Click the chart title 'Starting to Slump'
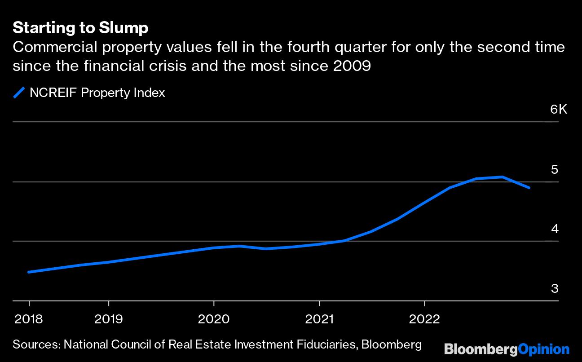point(80,28)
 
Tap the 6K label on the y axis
point(558,110)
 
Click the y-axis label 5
point(555,170)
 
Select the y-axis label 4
point(555,229)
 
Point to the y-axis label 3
point(555,289)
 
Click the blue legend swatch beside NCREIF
point(19,93)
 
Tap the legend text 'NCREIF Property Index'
point(97,93)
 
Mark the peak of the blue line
point(502,177)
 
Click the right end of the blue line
point(529,188)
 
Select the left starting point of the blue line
point(29,272)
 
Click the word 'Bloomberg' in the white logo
point(481,349)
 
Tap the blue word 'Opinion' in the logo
point(543,349)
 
